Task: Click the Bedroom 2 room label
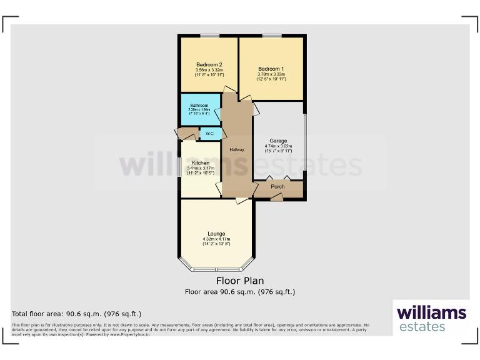[x=209, y=65]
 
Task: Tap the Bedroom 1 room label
[x=271, y=69]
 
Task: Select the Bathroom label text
[x=199, y=105]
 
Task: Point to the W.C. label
[x=210, y=134]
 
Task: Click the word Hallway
[x=236, y=150]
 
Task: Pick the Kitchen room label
[x=201, y=163]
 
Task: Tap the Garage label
[x=278, y=141]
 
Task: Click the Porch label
[x=278, y=187]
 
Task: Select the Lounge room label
[x=216, y=234]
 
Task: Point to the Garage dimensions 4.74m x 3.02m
[x=278, y=146]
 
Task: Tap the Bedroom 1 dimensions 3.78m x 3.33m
[x=271, y=74]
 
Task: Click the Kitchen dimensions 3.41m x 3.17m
[x=201, y=168]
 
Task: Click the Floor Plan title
[x=240, y=281]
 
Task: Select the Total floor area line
[x=77, y=314]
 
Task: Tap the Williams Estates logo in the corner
[x=431, y=318]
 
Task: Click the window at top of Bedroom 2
[x=209, y=36]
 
